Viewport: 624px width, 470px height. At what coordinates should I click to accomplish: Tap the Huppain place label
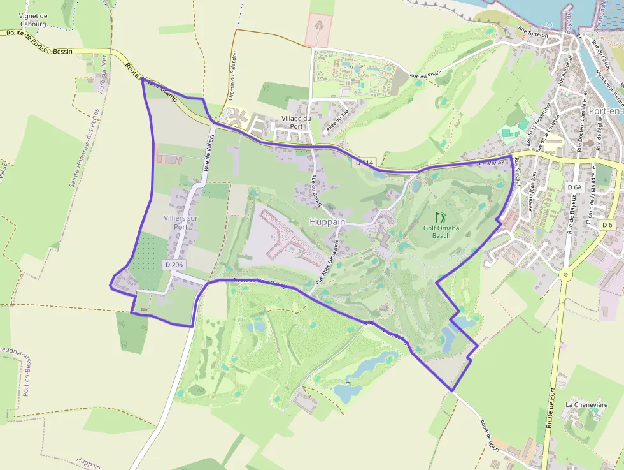(327, 222)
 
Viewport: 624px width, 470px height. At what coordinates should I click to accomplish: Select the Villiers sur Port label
(176, 222)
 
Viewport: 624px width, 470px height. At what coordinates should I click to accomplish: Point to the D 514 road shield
(364, 163)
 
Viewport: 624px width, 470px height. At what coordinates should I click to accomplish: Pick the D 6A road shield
(574, 187)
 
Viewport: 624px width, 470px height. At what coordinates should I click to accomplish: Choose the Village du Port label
(297, 122)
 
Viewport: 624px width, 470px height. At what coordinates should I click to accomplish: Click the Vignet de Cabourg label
(34, 19)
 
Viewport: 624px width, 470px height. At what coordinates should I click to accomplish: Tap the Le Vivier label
(491, 163)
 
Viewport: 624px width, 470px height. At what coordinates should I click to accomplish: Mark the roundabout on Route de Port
(564, 275)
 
